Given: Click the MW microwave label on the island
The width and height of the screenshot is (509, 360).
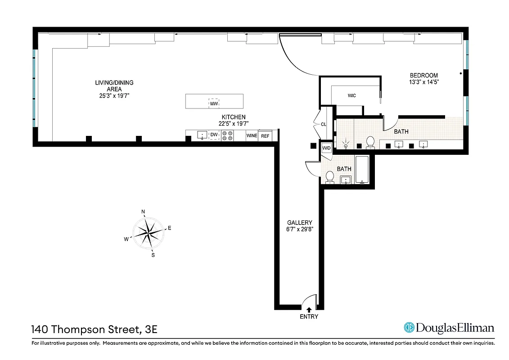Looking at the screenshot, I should coord(214,103).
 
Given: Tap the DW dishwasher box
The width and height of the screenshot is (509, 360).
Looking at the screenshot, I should coord(214,135).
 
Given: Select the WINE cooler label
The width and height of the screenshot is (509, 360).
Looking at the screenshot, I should coord(252,135).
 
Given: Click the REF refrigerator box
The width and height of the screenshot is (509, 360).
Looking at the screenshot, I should coord(266,135).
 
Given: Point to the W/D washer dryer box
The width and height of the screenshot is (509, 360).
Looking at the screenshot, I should coord(326,148).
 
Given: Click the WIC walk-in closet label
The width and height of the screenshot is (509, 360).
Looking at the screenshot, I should coord(352,95).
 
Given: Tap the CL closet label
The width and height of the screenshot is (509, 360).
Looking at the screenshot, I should coord(323,125).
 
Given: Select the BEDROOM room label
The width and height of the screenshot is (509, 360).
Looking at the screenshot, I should coord(423,75).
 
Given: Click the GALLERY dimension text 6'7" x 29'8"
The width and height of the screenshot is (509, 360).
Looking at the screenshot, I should coord(300,229).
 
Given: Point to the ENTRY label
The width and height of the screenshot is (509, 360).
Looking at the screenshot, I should coord(309,317).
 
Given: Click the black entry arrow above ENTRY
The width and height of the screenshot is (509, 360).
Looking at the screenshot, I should coord(309,309).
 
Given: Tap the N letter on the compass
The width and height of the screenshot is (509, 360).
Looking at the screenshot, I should coord(143,211).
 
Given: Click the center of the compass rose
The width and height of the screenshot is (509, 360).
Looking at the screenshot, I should coord(148,233).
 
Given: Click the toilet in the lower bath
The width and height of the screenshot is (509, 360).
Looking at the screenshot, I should coord(329,177).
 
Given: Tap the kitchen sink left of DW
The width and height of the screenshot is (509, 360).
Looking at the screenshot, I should coord(202,135).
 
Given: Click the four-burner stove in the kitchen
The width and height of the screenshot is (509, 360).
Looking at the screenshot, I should coord(227,135).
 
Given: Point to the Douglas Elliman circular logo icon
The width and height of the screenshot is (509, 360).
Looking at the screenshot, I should coord(409,328).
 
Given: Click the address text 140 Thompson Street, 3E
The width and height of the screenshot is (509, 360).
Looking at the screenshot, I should coord(95,329).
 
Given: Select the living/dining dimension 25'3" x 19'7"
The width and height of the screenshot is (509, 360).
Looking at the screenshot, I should coord(114,96).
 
